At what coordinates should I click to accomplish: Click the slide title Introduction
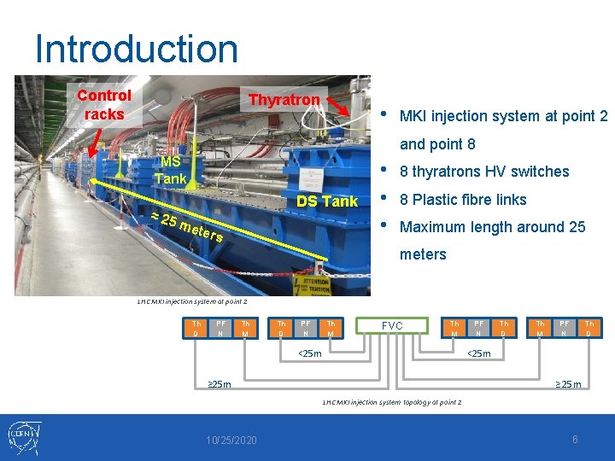pyautogui.click(x=136, y=49)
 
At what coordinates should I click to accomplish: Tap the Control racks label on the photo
pyautogui.click(x=104, y=105)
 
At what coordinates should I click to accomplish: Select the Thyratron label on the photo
pyautogui.click(x=284, y=100)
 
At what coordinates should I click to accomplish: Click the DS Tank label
pyautogui.click(x=327, y=201)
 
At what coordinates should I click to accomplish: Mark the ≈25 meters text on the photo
pyautogui.click(x=188, y=225)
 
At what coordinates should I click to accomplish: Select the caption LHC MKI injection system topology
pyautogui.click(x=391, y=401)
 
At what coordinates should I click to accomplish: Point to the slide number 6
pyautogui.click(x=575, y=439)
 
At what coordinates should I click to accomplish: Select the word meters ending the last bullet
pyautogui.click(x=423, y=254)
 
